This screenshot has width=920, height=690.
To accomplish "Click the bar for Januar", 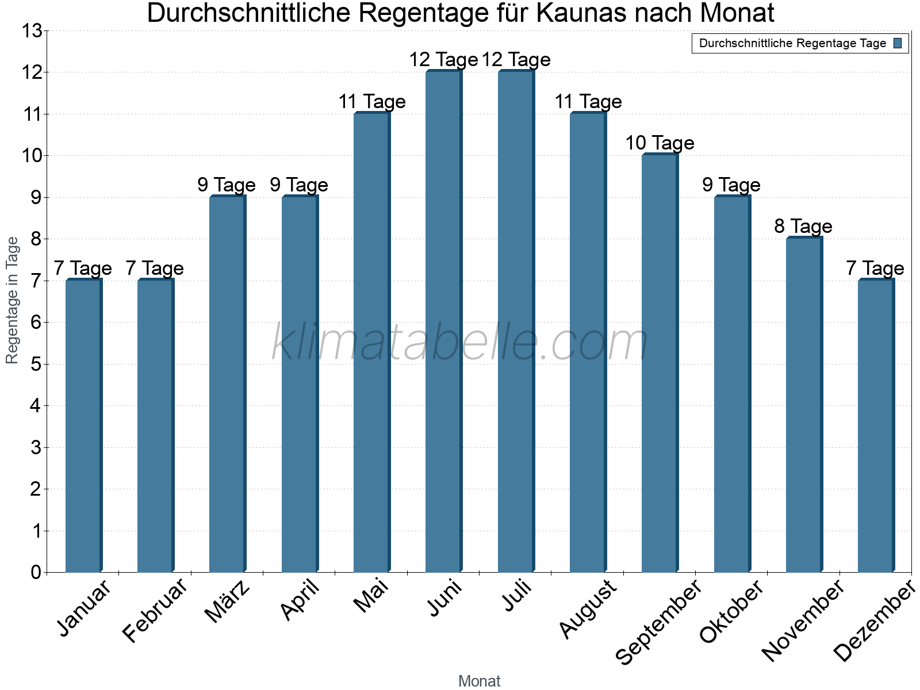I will pos(84,425).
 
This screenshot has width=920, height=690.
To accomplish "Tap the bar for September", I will pos(660,363).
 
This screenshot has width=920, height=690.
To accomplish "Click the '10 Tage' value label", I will pos(660,143).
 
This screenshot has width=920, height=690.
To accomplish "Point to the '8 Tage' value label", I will pos(803,227).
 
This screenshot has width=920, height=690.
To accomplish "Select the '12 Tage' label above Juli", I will pos(516,60).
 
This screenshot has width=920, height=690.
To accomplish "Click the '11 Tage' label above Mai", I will pos(372,102).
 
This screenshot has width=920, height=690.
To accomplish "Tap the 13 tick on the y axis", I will pos(32,30).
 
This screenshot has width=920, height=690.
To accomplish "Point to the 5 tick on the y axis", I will pos(36,364).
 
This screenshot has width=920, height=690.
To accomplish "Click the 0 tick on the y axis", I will pos(36,572).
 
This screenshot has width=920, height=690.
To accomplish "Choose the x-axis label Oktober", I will pos(731,611).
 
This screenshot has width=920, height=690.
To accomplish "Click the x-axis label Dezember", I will pos(874,621).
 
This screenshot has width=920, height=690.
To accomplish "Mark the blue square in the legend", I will pos(898,43).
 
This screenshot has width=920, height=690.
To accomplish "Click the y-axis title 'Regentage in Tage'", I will pos(12,300).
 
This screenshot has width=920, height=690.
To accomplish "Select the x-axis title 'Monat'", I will pos(479,681).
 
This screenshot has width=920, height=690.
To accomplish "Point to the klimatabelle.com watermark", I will pos(460,342).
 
